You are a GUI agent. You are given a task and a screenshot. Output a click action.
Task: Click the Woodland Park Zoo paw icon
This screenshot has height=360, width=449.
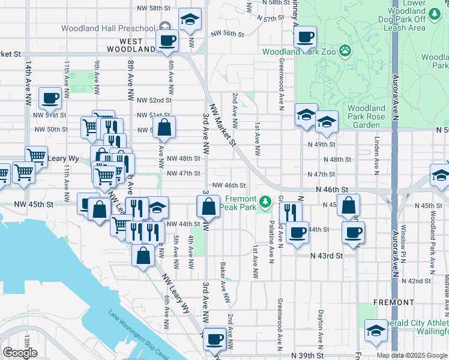click(345, 51)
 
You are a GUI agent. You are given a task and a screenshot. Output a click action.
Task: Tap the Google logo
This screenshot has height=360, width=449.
click(20, 352)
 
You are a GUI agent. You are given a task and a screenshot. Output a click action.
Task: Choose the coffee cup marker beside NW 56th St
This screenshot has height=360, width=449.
click(166, 40)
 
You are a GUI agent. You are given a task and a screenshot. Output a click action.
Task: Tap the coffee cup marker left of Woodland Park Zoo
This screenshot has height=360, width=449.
click(305, 37)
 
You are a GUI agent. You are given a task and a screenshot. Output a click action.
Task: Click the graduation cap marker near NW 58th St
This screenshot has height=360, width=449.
click(190, 20)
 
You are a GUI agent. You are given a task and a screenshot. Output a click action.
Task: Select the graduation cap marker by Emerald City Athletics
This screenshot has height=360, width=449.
click(376, 330)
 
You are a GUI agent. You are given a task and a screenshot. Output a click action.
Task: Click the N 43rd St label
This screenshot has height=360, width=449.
click(327, 256)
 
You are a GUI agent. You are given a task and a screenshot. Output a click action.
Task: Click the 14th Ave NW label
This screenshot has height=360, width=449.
click(28, 84)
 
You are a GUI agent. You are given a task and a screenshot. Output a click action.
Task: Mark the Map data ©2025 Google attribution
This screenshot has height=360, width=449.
click(412, 355)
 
